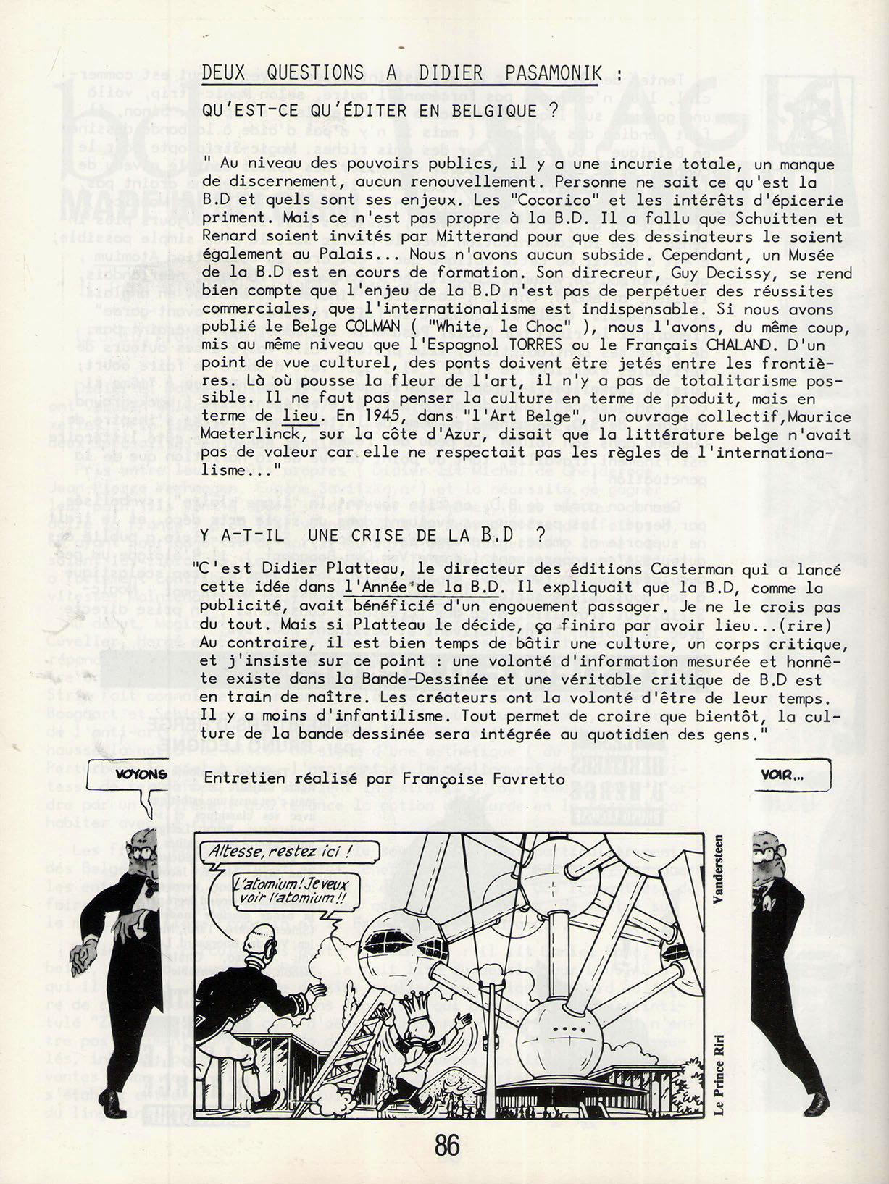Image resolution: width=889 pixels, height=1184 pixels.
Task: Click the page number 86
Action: [448, 1146]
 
